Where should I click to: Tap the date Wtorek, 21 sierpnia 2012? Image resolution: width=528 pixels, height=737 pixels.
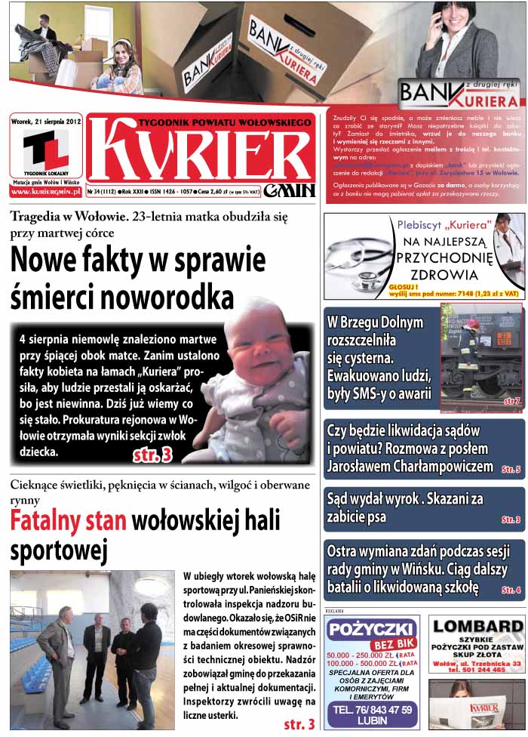pos(46,119)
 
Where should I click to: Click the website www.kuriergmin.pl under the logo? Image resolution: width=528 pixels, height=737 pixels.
pos(46,192)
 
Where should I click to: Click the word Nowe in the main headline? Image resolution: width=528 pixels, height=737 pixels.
pos(51,261)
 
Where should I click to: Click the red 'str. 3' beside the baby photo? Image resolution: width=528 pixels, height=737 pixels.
pos(152,455)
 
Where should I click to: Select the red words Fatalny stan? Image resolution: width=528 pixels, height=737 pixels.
pos(69,521)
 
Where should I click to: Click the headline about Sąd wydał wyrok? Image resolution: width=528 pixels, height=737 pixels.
pos(404,507)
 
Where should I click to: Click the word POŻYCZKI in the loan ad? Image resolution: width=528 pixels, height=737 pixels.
pos(371,629)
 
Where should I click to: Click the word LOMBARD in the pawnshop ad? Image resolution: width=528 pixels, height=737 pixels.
pos(477,626)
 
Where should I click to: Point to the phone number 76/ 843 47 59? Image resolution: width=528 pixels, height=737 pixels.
pos(373,709)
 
